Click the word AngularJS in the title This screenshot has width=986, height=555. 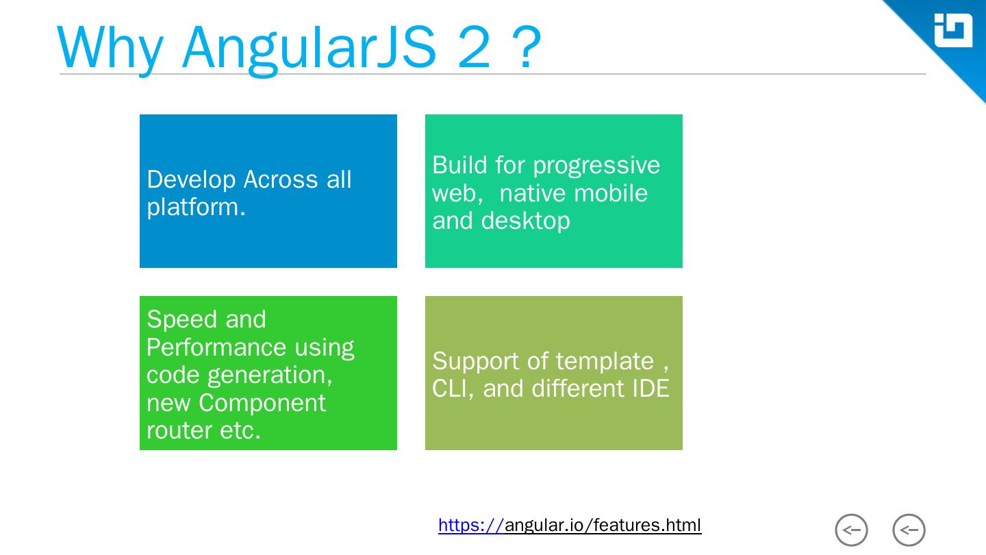click(x=309, y=48)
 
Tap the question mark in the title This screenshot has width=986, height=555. click(x=526, y=48)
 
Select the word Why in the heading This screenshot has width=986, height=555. click(x=110, y=48)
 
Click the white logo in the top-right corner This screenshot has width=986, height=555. click(x=953, y=30)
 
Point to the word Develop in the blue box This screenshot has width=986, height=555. click(x=191, y=180)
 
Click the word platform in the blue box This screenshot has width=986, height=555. click(x=192, y=207)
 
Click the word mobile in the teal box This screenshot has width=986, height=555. click(x=612, y=193)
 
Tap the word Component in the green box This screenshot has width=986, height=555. click(x=262, y=403)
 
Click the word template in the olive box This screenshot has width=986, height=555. click(x=605, y=361)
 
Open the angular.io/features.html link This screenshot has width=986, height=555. click(x=570, y=526)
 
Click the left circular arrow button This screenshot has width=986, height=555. click(x=851, y=530)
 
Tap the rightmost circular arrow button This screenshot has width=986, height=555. click(x=909, y=530)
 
